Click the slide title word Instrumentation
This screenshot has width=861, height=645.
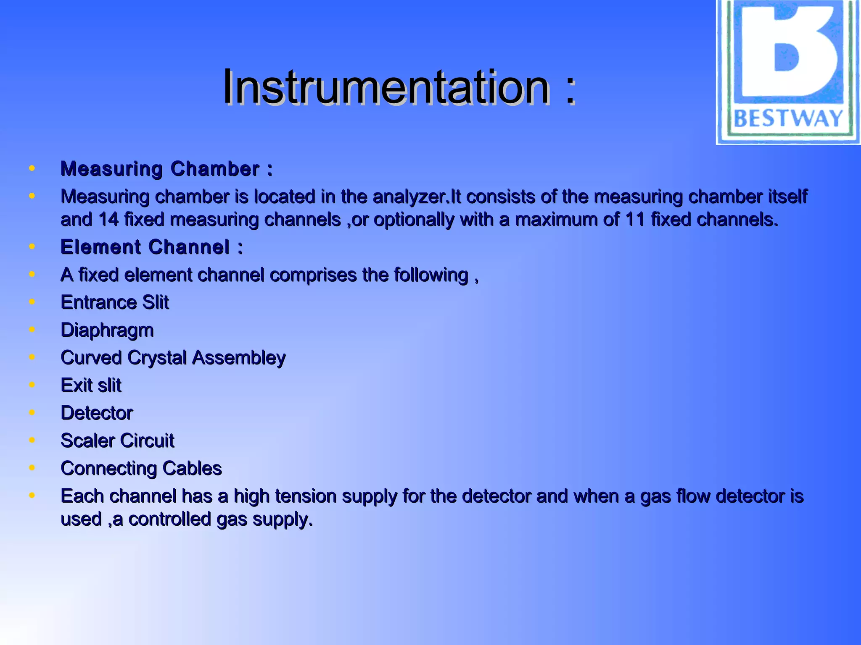pyautogui.click(x=386, y=87)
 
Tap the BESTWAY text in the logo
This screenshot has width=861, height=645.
pyautogui.click(x=788, y=118)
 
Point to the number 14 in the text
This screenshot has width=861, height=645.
pyautogui.click(x=108, y=220)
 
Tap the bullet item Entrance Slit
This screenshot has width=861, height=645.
pyautogui.click(x=115, y=302)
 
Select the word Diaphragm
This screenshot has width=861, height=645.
pyautogui.click(x=107, y=330)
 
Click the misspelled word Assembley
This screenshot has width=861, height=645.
pyautogui.click(x=239, y=358)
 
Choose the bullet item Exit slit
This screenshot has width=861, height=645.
pyautogui.click(x=91, y=385)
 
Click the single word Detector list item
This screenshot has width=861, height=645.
pyautogui.click(x=97, y=413)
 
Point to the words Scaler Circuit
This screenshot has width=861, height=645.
pyautogui.click(x=117, y=440)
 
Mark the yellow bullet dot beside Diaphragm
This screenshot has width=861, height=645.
pyautogui.click(x=32, y=329)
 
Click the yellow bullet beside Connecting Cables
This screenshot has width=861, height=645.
pyautogui.click(x=32, y=467)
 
